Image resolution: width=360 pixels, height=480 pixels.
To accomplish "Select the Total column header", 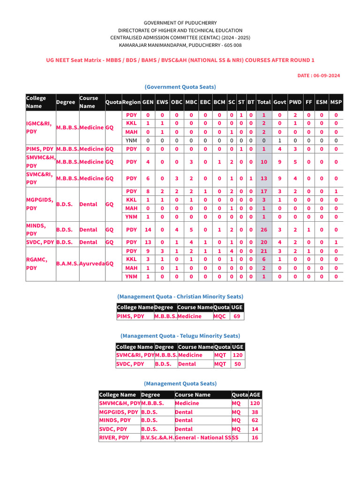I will click(264, 102).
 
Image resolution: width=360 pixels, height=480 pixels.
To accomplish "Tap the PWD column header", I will click(295, 102).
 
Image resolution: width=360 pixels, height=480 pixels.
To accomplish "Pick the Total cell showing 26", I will click(264, 230).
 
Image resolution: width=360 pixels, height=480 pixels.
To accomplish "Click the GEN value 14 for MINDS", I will click(148, 230).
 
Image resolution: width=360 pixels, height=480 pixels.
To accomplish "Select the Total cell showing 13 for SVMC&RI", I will click(264, 178).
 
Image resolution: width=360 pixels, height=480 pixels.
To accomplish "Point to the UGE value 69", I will click(237, 316).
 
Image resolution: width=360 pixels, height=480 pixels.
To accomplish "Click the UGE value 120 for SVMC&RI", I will click(238, 355).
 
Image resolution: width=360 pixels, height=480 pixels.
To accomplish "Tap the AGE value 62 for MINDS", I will click(255, 420).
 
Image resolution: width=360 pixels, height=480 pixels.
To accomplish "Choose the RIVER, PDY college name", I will click(114, 437).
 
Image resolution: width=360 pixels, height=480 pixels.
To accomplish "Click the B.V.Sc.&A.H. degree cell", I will click(157, 437).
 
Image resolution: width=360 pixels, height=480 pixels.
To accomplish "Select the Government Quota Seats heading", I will click(180, 87).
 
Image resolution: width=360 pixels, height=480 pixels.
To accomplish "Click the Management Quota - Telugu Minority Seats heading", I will click(180, 336).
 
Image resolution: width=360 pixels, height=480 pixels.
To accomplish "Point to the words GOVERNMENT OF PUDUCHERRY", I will click(180, 22).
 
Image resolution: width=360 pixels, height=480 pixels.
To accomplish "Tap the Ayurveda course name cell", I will click(92, 264).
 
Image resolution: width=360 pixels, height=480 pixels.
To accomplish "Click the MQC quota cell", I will click(219, 316).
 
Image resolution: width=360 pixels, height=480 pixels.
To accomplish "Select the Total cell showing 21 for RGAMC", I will click(264, 251).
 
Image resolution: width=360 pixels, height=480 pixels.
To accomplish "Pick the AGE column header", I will click(255, 395).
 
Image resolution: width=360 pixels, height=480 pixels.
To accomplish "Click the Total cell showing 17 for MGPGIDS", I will click(264, 191).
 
